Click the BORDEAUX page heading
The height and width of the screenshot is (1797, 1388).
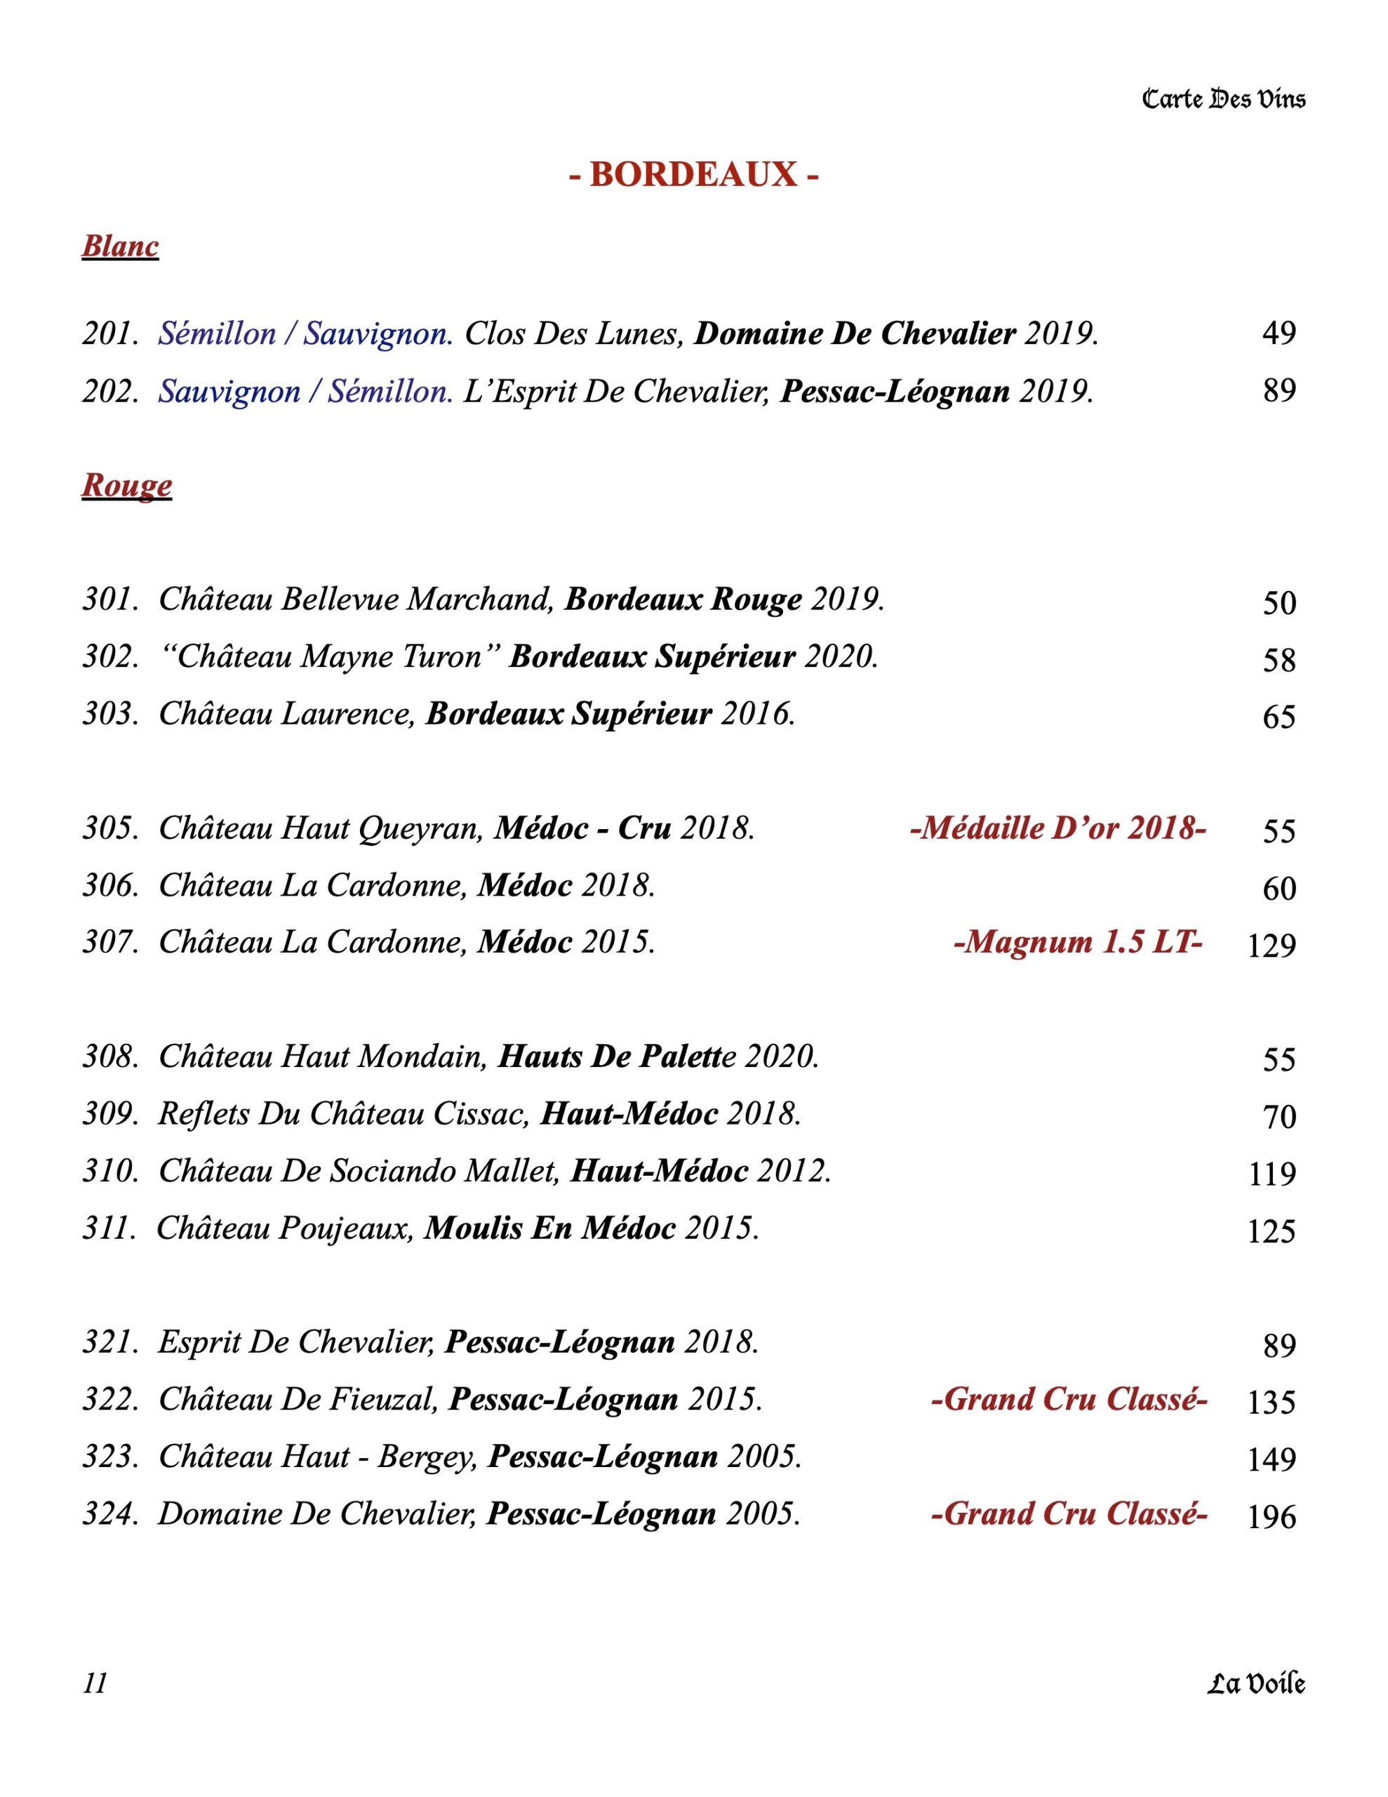[693, 174]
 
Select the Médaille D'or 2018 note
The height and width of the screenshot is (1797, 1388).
[1057, 828]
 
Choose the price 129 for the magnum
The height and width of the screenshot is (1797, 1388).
[1272, 946]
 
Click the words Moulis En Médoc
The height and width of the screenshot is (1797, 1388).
[549, 1228]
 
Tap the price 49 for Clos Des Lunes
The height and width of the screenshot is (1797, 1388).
[1279, 333]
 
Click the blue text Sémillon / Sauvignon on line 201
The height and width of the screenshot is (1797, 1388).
[305, 334]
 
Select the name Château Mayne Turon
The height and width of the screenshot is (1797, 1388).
[329, 656]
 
